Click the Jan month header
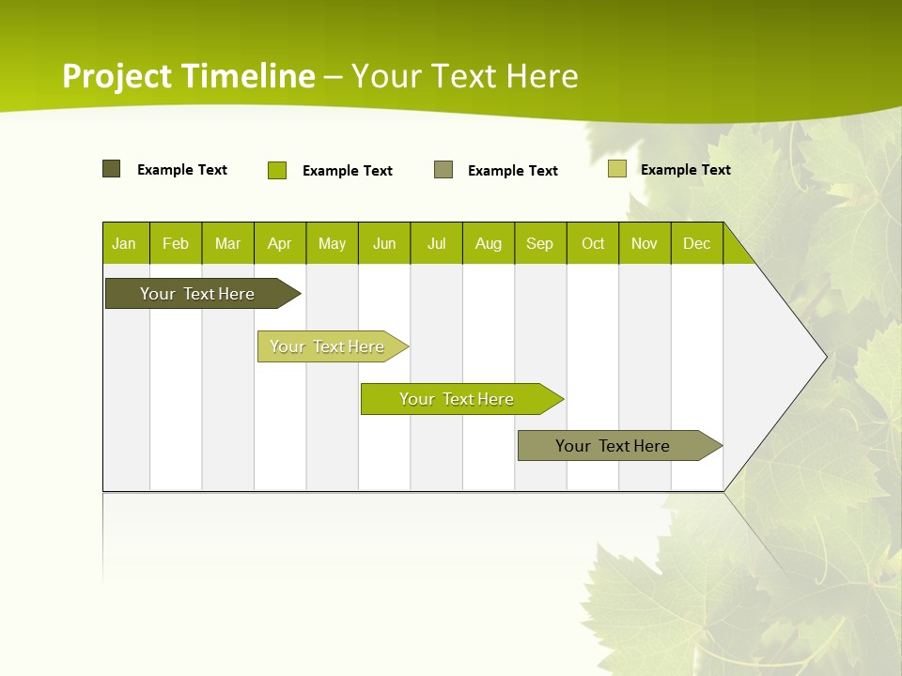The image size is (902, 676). coord(125,243)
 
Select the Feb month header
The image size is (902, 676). coord(176,243)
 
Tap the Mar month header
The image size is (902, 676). coord(227,243)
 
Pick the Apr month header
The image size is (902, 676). coord(280,243)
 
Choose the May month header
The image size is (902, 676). coord(332,243)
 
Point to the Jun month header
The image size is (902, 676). coord(384,243)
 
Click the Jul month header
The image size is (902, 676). coord(436,243)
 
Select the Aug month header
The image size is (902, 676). coord(489,243)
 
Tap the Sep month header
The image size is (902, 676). coord(540,243)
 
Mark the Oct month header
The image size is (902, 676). coord(593,243)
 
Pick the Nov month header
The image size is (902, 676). coord(645,243)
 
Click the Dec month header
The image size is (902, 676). coord(697,243)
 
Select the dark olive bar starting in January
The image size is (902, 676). coord(197,294)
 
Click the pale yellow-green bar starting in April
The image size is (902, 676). coord(327,346)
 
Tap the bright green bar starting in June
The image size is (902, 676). coord(457,399)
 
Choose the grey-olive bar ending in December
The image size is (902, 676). coord(613,446)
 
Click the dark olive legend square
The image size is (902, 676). coord(112,169)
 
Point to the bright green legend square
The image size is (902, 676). coord(277,170)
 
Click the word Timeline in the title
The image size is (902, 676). coord(248,76)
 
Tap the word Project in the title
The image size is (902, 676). coord(117,76)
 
